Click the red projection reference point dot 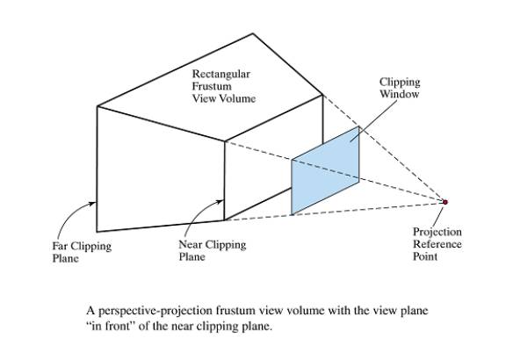pos(445,202)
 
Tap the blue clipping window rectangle pos(325,170)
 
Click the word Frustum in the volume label pos(212,86)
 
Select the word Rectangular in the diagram pos(221,74)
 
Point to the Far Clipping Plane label pos(82,252)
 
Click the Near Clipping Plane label pos(213,250)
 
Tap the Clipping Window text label pos(400,88)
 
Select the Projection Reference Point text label pos(437,244)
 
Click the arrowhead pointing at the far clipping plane pos(93,203)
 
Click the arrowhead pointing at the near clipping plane pos(220,202)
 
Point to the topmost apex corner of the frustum pos(253,33)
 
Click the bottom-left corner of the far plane pos(97,232)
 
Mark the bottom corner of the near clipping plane pos(224,220)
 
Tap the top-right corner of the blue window pos(358,126)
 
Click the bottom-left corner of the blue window pos(292,214)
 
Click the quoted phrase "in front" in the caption pos(111,326)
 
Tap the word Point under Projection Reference pos(425,256)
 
